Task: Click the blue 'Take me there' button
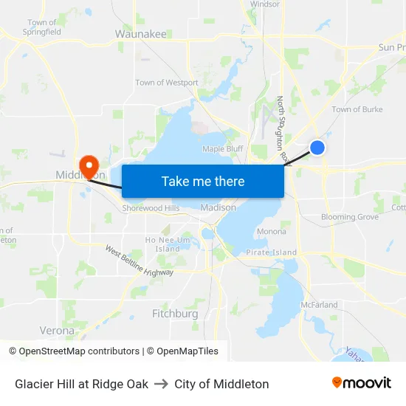pyautogui.click(x=202, y=181)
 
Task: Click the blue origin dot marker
pyautogui.click(x=317, y=148)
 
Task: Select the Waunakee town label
pyautogui.click(x=141, y=34)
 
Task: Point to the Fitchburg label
pyautogui.click(x=175, y=314)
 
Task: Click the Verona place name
pyautogui.click(x=57, y=331)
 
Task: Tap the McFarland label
pyautogui.click(x=319, y=304)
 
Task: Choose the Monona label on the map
pyautogui.click(x=272, y=232)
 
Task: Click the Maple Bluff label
pyautogui.click(x=223, y=148)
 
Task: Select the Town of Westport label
pyautogui.click(x=167, y=83)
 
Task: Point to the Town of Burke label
pyautogui.click(x=357, y=109)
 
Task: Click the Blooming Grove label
pyautogui.click(x=350, y=218)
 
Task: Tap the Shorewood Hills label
pyautogui.click(x=151, y=208)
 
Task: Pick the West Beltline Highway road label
pyautogui.click(x=139, y=262)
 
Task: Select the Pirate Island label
pyautogui.click(x=272, y=252)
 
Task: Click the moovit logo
pyautogui.click(x=362, y=382)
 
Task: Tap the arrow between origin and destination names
pyautogui.click(x=161, y=384)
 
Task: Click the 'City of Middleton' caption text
pyautogui.click(x=221, y=384)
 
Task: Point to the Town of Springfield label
pyautogui.click(x=42, y=27)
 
